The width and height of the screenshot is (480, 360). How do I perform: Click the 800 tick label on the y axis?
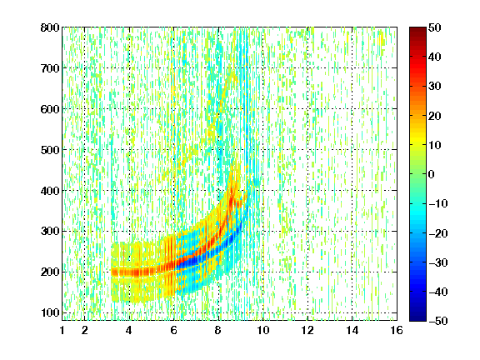[50, 27]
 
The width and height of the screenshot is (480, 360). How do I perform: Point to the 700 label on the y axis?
[50, 68]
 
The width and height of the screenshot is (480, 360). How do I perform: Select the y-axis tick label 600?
[50, 109]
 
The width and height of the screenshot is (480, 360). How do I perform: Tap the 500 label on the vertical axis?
[50, 150]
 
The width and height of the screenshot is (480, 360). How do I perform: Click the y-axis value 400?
[50, 191]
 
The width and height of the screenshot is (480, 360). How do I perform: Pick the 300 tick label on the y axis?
[50, 232]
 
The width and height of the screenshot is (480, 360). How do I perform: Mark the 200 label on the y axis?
[50, 272]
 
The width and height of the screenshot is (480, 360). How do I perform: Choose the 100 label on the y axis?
[50, 312]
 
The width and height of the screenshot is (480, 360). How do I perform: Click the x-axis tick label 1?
[62, 330]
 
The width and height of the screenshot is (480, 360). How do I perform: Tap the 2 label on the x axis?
[84, 330]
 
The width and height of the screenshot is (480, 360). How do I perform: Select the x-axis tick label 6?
[173, 330]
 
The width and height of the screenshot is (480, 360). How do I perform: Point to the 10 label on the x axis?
[263, 330]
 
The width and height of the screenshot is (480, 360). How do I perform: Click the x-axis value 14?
[352, 330]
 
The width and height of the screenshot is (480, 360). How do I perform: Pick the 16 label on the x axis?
[397, 330]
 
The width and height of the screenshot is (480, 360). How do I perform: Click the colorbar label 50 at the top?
[435, 27]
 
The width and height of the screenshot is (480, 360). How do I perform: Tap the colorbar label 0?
[432, 174]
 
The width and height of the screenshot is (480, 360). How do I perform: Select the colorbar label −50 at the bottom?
[438, 321]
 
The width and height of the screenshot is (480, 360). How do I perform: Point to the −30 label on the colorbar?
[438, 262]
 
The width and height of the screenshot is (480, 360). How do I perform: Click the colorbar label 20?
[435, 116]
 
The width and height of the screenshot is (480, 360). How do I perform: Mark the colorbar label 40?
[435, 57]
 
